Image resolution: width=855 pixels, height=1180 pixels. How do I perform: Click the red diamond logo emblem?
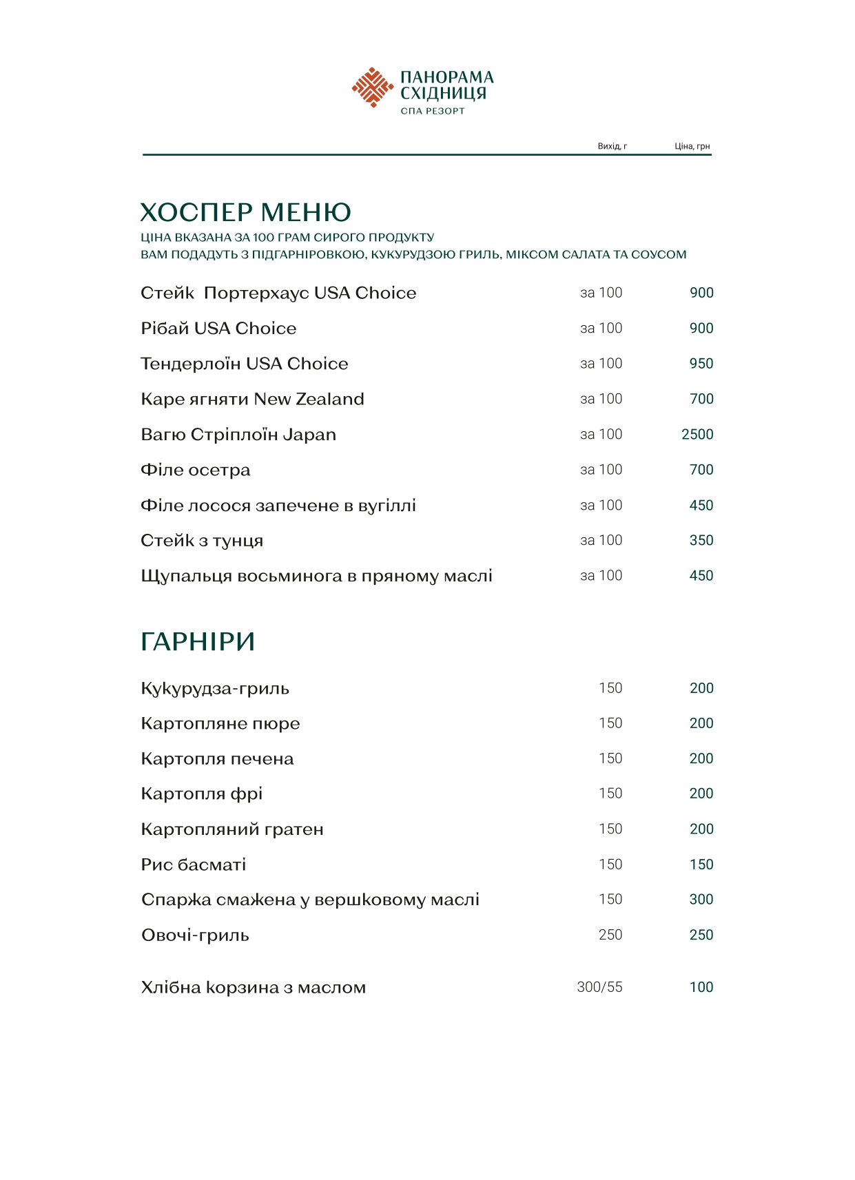click(373, 87)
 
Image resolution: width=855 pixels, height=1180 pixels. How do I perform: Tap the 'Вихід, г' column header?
click(612, 146)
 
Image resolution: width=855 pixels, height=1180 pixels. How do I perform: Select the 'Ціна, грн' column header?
click(692, 146)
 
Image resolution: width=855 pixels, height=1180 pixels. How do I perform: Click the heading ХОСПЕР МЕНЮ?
click(245, 212)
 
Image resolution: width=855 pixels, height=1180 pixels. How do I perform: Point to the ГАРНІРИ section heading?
click(198, 641)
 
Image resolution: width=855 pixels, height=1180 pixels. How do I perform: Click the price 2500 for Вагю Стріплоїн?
click(697, 435)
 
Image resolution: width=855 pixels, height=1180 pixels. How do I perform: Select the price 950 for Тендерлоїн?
click(701, 364)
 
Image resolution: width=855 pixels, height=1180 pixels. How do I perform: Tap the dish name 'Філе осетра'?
click(196, 470)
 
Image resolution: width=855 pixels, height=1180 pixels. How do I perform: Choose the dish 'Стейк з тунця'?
click(202, 541)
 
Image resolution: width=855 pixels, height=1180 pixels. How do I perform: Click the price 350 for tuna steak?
click(701, 541)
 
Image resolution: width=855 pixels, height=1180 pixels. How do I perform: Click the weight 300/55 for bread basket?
click(599, 987)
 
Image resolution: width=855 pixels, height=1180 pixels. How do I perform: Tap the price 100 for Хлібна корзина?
click(701, 987)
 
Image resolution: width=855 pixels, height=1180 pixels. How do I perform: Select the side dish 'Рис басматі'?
click(194, 865)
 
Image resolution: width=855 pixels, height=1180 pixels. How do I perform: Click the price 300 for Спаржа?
click(701, 900)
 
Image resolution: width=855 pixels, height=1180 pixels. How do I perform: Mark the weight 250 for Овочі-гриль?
click(610, 935)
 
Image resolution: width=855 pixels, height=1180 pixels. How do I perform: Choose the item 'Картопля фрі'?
click(202, 794)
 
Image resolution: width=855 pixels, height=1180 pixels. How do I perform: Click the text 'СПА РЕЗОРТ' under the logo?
click(433, 111)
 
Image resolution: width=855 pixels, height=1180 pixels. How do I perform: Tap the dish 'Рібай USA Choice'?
click(218, 329)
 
